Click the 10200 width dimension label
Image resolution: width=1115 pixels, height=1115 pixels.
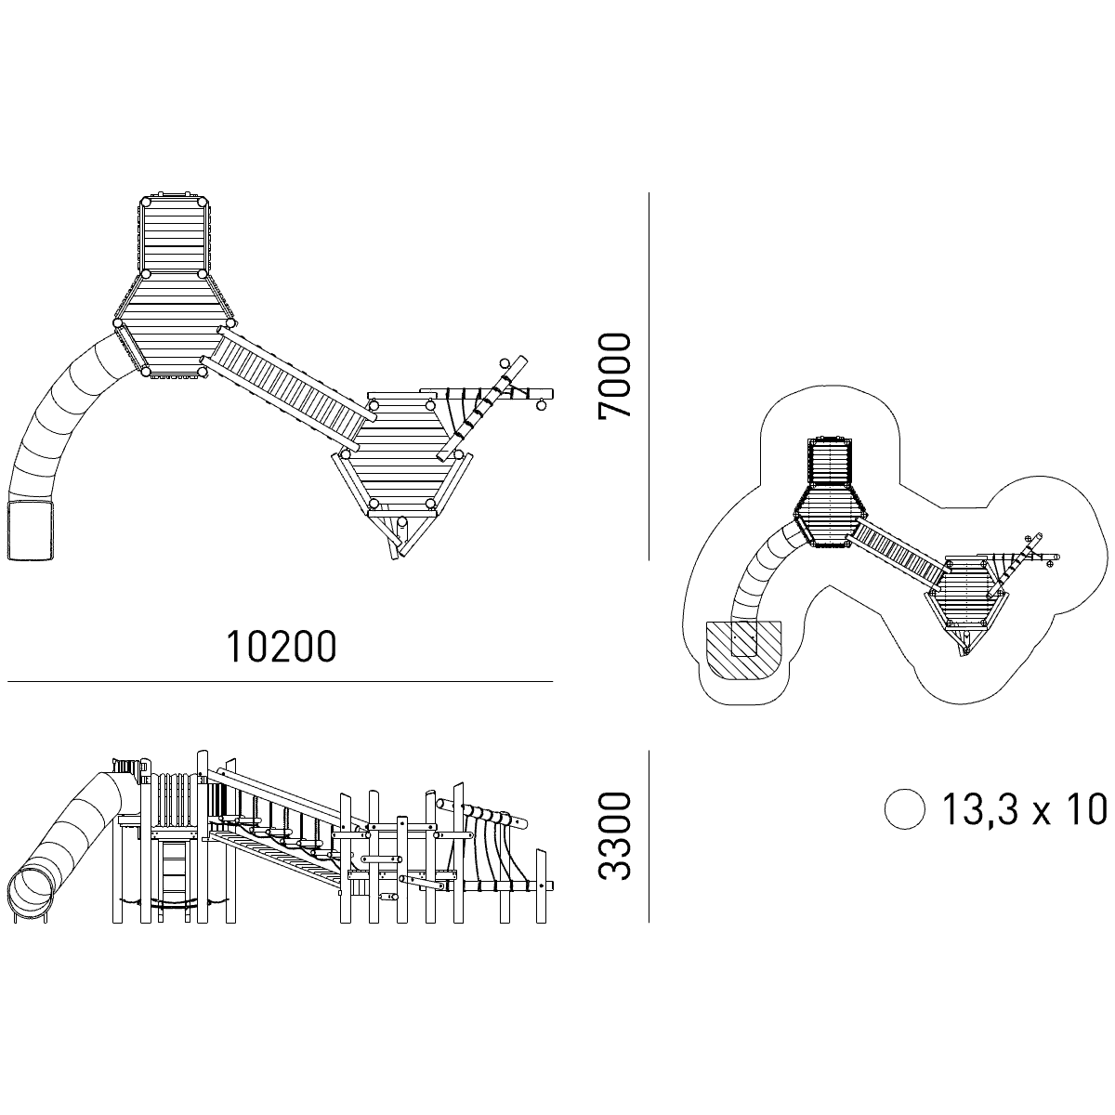click(282, 647)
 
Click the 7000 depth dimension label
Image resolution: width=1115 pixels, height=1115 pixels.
click(614, 375)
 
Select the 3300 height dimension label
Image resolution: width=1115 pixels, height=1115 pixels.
click(614, 836)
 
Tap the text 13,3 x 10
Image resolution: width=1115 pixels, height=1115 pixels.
click(1025, 808)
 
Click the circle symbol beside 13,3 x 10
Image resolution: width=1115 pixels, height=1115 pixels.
click(905, 809)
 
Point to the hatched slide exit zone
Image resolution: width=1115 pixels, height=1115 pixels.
click(743, 649)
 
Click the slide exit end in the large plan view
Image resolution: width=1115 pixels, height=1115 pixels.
click(30, 531)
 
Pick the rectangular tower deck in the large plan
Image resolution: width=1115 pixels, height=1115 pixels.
click(174, 235)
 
